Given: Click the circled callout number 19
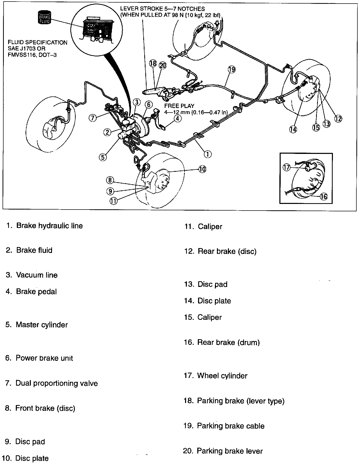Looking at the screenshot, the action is point(232,69).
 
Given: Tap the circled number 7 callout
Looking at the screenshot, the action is point(93,118).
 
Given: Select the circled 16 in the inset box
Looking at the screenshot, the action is point(323,196).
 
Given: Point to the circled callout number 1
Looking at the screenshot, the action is point(208,154).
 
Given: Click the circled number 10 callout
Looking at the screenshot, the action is point(202,169).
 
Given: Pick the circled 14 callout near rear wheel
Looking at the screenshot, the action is point(293,129).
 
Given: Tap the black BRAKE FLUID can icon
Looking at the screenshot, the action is point(44,17).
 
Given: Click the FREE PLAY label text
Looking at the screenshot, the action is point(179,106).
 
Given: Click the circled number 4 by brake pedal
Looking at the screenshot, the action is point(178,118).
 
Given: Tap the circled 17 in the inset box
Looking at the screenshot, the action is point(287,167).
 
